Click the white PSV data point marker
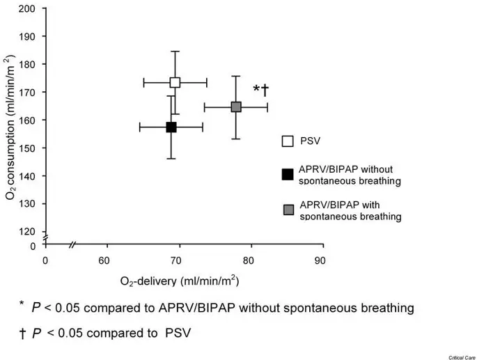click(x=175, y=83)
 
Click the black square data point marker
click(x=171, y=127)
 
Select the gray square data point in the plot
click(x=236, y=107)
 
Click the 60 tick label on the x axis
click(x=106, y=261)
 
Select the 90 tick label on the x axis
click(x=320, y=261)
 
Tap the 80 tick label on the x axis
click(x=249, y=261)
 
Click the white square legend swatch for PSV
click(x=287, y=141)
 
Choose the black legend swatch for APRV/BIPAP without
click(x=287, y=174)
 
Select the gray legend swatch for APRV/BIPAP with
click(x=287, y=210)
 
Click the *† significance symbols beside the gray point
click(x=260, y=90)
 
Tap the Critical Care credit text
click(x=454, y=354)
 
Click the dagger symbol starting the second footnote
click(x=23, y=332)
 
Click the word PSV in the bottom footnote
click(x=176, y=332)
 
